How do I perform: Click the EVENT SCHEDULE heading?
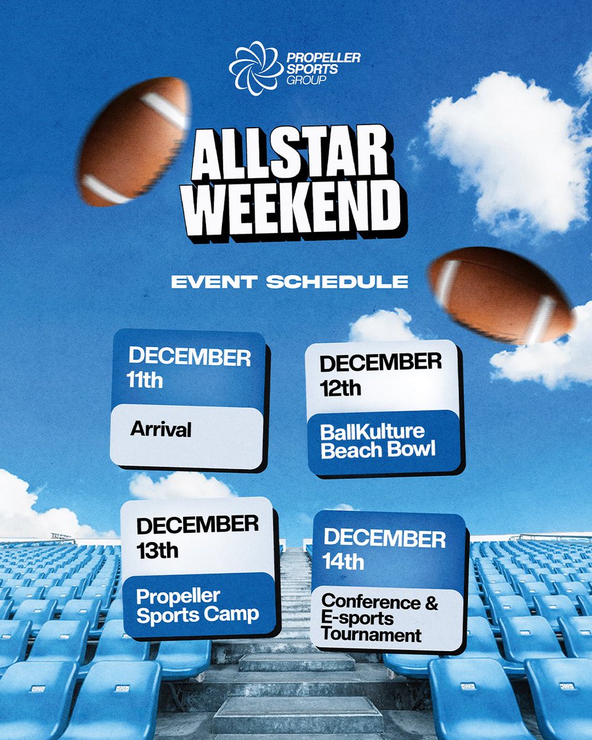point(290,282)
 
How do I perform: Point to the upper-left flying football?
point(135,142)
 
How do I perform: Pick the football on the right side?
point(501,294)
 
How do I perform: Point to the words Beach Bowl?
point(377,450)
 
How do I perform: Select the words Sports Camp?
point(197,614)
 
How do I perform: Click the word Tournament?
point(372,635)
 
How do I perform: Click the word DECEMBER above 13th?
point(197,526)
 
